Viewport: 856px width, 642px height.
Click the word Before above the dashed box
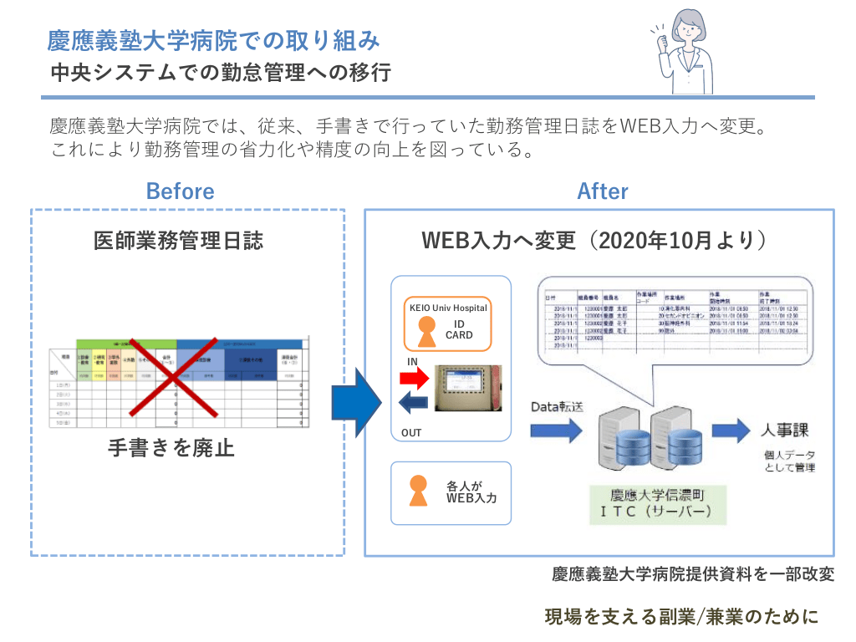coord(180,191)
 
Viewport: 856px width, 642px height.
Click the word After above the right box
coord(603,191)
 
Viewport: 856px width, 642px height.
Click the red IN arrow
coord(414,380)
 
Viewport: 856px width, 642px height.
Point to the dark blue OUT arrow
coord(415,405)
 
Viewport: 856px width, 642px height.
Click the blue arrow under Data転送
coord(555,431)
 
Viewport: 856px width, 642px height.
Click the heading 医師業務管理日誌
coord(178,241)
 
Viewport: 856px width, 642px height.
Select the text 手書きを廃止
coord(171,448)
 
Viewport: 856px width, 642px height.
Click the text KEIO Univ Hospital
coord(448,308)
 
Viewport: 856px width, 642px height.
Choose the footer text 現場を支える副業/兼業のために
coord(681,617)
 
